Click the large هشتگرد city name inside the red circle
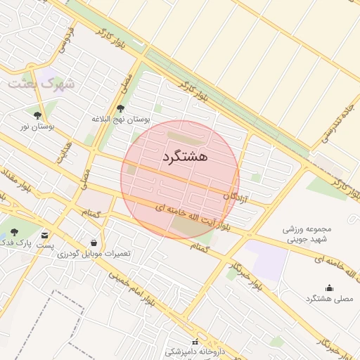184,155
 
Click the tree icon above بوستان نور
37,115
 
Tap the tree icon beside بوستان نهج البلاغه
121,108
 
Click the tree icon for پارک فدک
14,232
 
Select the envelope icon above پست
46,236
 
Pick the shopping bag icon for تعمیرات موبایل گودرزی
94,243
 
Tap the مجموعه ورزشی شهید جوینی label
307,234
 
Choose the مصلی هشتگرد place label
328,298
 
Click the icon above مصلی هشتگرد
329,287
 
